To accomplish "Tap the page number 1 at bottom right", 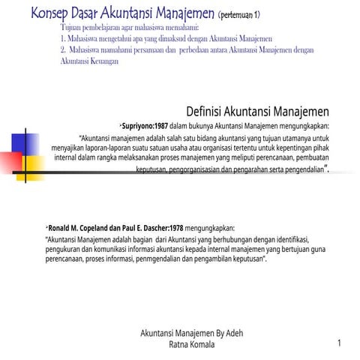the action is (x=340, y=343).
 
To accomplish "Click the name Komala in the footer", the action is (x=199, y=344).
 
